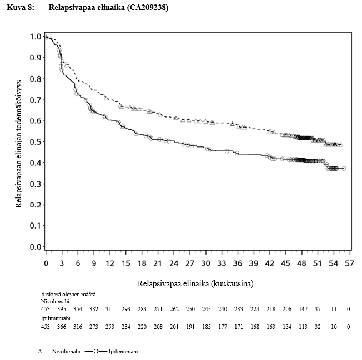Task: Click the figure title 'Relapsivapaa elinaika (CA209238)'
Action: point(108,8)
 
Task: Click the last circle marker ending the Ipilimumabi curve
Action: point(344,168)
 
